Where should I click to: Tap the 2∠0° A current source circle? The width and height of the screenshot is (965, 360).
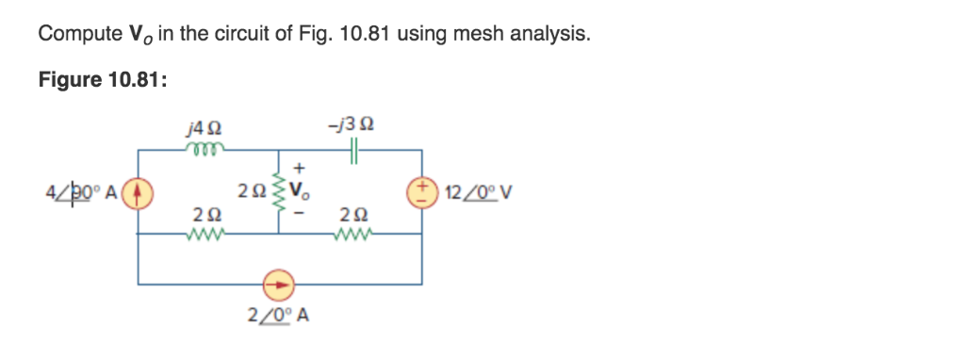[x=279, y=282]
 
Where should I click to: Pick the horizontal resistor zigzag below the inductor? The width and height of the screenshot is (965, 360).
[x=205, y=236]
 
